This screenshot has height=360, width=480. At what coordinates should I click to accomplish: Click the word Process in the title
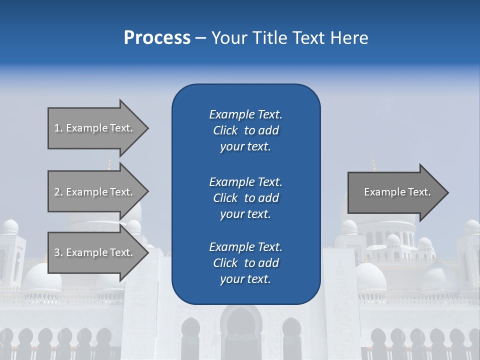[157, 38]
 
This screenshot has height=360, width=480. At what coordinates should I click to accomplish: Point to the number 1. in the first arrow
[58, 128]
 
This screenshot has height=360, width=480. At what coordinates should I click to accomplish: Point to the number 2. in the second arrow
[58, 192]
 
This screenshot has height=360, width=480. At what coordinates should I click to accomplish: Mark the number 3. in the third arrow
[58, 252]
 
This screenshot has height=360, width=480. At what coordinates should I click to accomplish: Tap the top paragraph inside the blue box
[245, 130]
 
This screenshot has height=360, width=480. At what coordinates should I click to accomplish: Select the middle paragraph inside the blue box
[245, 198]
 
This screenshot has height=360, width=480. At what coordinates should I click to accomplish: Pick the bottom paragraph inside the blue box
[245, 263]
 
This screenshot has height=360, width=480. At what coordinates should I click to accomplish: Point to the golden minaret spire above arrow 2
[109, 163]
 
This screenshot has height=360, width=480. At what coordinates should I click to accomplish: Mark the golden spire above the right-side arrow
[372, 162]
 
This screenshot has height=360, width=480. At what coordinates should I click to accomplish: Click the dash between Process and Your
[200, 38]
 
